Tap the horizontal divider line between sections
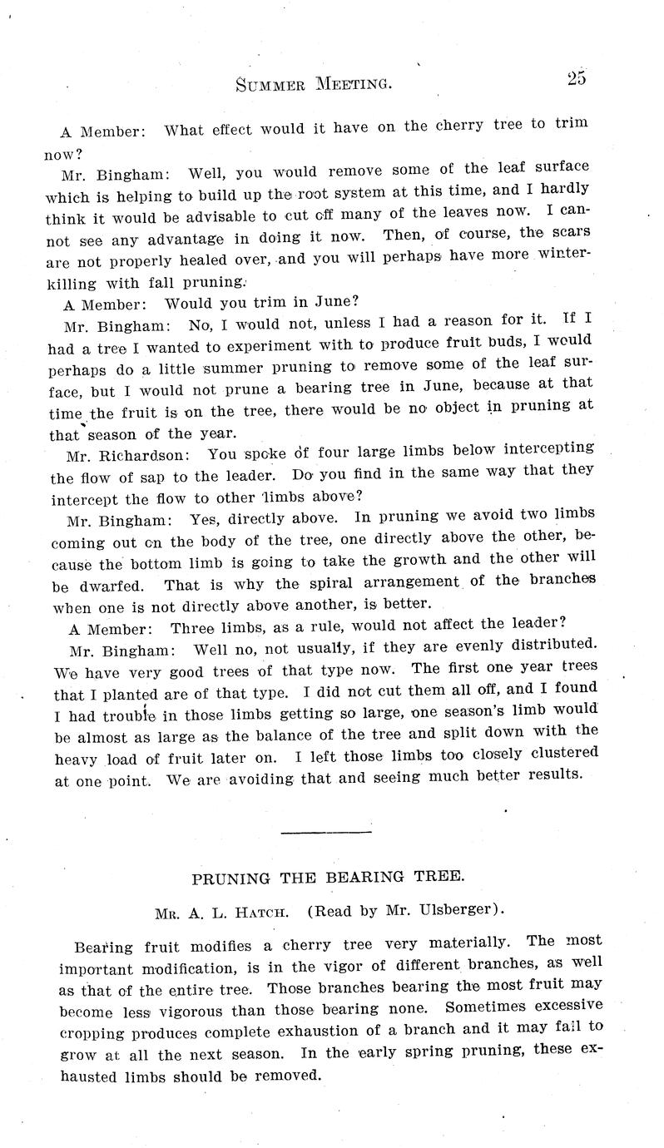click(x=326, y=831)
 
